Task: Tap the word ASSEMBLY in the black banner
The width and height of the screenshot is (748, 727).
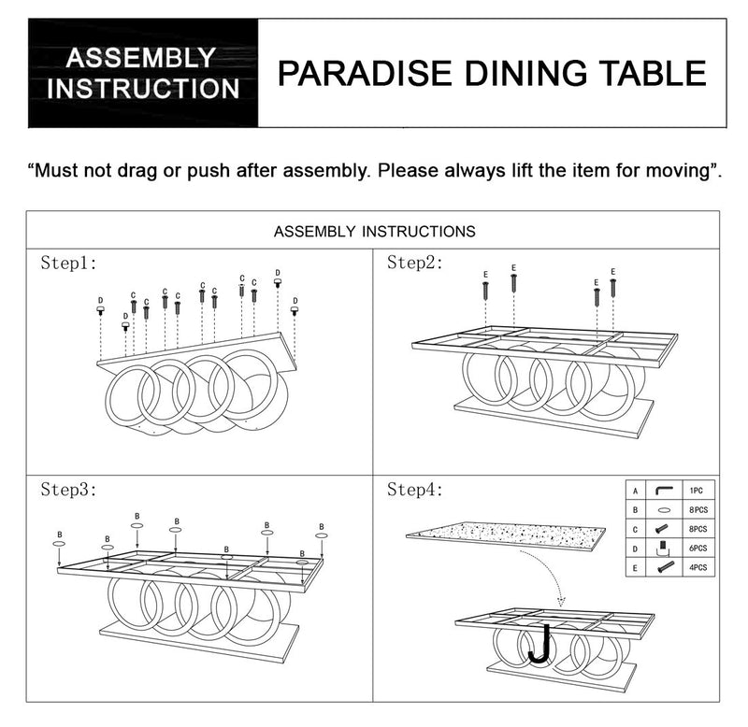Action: click(139, 58)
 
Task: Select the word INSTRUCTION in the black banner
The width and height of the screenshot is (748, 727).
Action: click(143, 90)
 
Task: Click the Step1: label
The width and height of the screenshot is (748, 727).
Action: click(69, 264)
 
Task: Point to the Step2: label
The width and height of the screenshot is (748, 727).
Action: click(415, 264)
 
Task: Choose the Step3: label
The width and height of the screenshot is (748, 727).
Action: click(69, 490)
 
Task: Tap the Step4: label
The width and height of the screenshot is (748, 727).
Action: click(415, 490)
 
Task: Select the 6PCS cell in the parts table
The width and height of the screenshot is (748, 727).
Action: click(698, 548)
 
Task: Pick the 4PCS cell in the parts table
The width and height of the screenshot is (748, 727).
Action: click(698, 566)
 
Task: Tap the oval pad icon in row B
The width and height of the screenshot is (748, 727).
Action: click(665, 510)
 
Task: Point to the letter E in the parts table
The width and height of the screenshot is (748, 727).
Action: click(636, 566)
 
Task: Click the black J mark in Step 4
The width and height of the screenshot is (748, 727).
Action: click(539, 644)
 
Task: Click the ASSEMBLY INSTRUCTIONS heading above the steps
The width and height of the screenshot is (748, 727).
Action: click(373, 231)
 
